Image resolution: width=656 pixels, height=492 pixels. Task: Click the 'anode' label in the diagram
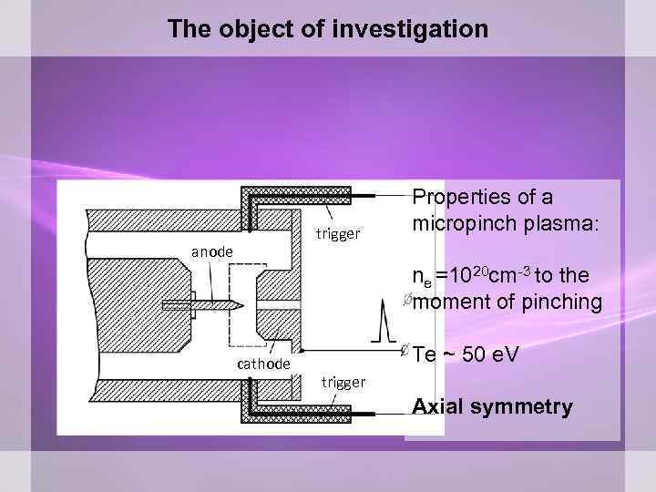[211, 251]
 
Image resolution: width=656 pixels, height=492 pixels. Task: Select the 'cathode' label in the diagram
[263, 364]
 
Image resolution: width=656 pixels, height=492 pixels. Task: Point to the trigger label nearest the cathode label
[343, 382]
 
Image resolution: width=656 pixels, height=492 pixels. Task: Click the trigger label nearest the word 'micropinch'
[338, 233]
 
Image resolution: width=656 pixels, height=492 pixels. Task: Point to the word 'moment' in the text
[451, 302]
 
